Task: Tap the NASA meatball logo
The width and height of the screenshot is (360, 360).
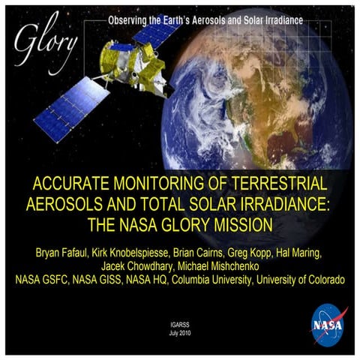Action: coord(328,325)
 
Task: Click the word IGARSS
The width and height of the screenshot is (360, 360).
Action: coord(180,323)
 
